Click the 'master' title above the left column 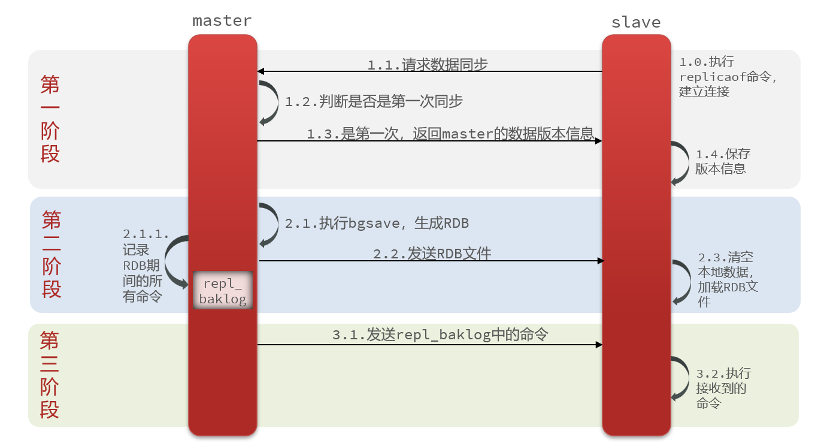coord(222,21)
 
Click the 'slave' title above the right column coord(635,23)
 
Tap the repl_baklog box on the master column coord(223,290)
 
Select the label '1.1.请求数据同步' coord(428,65)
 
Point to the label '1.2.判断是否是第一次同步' coord(374,102)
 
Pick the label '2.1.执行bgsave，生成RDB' coord(377,224)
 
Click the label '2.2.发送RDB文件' coord(432,254)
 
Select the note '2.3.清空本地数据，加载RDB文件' coord(728,279)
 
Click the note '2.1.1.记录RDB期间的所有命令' coord(144,265)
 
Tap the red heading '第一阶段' coord(50,119)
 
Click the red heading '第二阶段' coord(52,254)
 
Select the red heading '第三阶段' coord(50,375)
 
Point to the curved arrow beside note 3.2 coord(681,378)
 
